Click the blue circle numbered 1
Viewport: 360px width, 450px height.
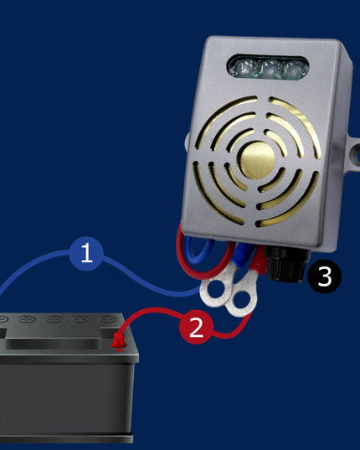pos(86,253)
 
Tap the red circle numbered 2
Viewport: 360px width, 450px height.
pos(197,327)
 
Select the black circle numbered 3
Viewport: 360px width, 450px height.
pos(324,277)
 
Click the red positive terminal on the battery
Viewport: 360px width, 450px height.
pos(118,340)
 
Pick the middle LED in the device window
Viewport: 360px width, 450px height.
pos(268,70)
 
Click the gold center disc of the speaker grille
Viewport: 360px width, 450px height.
pos(256,160)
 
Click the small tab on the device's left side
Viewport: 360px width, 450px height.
pos(187,141)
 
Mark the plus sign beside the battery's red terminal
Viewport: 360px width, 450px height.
pos(120,349)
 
